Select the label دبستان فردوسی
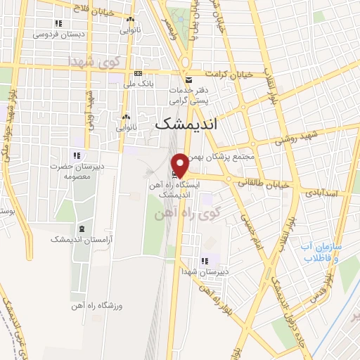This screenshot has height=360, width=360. [x=50, y=33]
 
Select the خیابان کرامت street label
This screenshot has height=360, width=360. [x=228, y=73]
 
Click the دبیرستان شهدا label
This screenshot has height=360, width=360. [x=201, y=271]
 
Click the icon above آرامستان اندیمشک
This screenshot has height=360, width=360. [x=82, y=228]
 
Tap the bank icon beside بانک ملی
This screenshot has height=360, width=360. [x=138, y=74]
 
